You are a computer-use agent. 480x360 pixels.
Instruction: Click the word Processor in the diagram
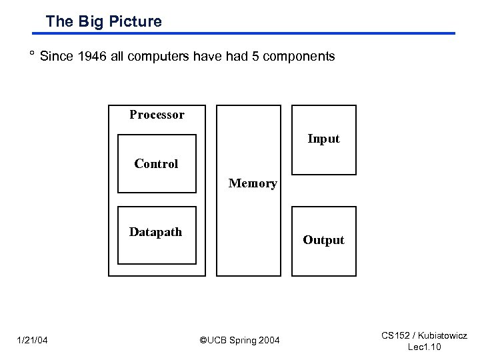(157, 115)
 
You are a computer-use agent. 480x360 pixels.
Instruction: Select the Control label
(156, 164)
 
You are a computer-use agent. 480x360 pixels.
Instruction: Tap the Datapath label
(155, 232)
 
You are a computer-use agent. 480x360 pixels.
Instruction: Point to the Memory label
(253, 183)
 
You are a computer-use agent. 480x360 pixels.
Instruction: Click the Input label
(323, 139)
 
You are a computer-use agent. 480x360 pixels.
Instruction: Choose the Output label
(323, 240)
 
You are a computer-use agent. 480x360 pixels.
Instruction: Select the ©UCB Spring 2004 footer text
(240, 341)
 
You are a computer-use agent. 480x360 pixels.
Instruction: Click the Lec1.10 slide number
(424, 347)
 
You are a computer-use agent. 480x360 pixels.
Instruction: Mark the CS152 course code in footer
(397, 336)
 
